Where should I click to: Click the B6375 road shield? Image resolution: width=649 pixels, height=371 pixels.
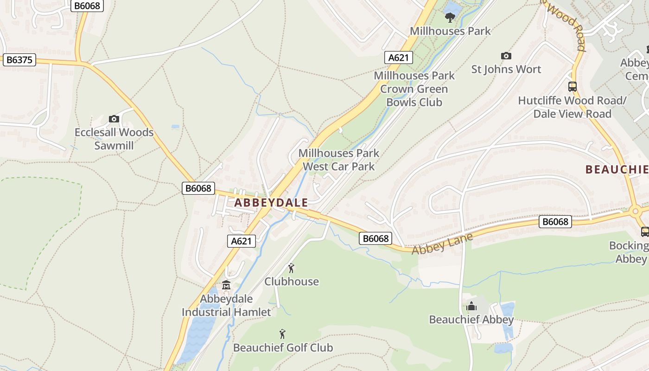pyautogui.click(x=19, y=60)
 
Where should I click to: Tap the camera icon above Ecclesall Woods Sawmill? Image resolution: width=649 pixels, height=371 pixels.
pyautogui.click(x=114, y=119)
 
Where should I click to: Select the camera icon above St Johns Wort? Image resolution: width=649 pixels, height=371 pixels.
pyautogui.click(x=506, y=56)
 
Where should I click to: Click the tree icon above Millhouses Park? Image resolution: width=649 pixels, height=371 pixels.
pyautogui.click(x=450, y=18)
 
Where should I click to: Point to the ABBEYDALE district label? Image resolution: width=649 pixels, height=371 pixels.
pyautogui.click(x=271, y=203)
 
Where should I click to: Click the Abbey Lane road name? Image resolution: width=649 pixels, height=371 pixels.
pyautogui.click(x=442, y=243)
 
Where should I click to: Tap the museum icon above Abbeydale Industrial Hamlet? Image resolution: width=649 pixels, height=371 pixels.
pyautogui.click(x=226, y=285)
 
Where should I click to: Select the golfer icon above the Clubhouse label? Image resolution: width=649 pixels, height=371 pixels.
pyautogui.click(x=291, y=268)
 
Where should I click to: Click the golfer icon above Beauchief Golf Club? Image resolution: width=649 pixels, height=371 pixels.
pyautogui.click(x=282, y=334)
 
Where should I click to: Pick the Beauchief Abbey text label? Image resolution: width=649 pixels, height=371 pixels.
pyautogui.click(x=471, y=320)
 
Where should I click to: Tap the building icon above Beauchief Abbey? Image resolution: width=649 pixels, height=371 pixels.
pyautogui.click(x=471, y=306)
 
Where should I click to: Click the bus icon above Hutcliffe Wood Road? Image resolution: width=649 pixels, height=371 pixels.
pyautogui.click(x=573, y=87)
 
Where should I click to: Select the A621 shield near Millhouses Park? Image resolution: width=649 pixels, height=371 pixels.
pyautogui.click(x=398, y=58)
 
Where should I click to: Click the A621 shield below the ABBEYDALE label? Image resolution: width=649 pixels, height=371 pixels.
pyautogui.click(x=242, y=241)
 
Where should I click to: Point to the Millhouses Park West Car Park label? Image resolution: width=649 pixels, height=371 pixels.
pyautogui.click(x=338, y=160)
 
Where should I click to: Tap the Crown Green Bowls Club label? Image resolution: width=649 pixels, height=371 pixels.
pyautogui.click(x=414, y=89)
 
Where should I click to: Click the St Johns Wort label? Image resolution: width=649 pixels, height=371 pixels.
pyautogui.click(x=506, y=70)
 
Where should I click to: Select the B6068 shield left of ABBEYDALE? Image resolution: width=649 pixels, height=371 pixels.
pyautogui.click(x=198, y=188)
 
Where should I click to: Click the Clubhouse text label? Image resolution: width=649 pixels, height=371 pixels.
pyautogui.click(x=292, y=281)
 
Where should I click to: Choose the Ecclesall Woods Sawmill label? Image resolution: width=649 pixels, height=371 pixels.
pyautogui.click(x=114, y=139)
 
